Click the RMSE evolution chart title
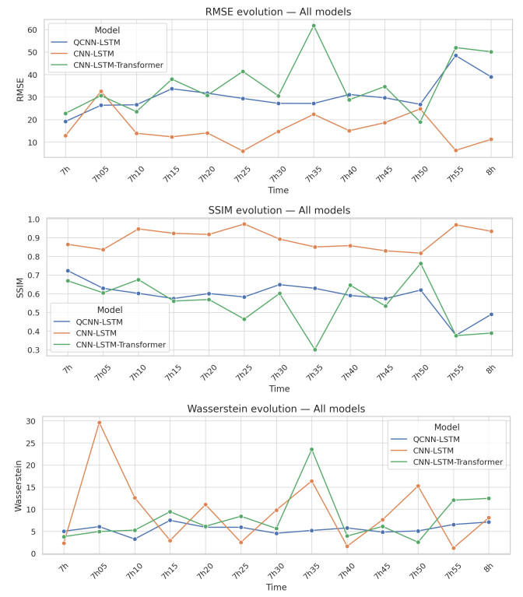point(279,11)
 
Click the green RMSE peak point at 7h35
point(314,26)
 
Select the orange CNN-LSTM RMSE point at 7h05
point(101,92)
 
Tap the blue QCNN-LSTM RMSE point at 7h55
point(455,55)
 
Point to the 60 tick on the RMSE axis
point(33,30)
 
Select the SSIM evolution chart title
point(279,210)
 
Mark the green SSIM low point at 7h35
point(314,349)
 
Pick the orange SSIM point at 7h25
point(243,224)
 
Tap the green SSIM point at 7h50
point(420,263)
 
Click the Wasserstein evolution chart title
point(279,409)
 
